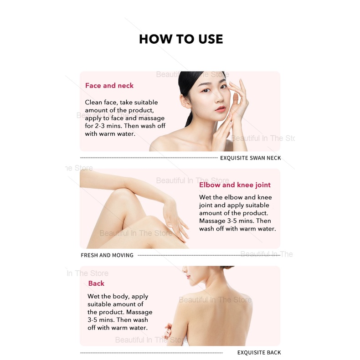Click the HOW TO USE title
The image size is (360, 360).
point(181,39)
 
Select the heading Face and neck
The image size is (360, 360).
point(109,86)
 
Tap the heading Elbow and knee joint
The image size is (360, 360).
point(235,185)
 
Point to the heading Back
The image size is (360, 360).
point(96,283)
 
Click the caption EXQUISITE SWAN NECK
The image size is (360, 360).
point(251,158)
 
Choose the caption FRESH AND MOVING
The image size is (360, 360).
point(107,255)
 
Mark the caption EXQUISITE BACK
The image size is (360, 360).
point(259,352)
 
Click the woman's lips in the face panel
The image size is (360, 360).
point(221,109)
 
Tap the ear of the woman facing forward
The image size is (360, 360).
point(185,101)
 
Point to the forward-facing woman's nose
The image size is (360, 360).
point(219,98)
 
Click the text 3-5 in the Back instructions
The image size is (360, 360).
point(93,320)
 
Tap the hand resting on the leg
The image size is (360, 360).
point(175,221)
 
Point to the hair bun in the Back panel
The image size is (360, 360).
point(227,267)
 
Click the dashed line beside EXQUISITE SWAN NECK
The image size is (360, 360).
point(149,158)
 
